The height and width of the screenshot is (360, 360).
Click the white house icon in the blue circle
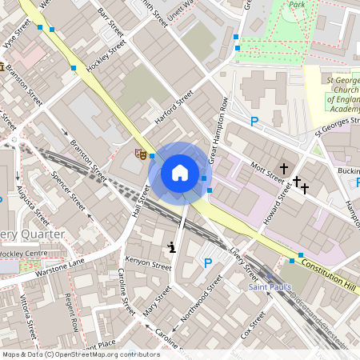click(x=180, y=173)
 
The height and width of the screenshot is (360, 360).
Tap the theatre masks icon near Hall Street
click(x=141, y=154)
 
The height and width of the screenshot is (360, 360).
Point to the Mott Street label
click(x=262, y=170)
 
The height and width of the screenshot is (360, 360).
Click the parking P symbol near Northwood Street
click(x=208, y=263)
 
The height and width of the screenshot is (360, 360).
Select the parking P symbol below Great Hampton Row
click(x=254, y=122)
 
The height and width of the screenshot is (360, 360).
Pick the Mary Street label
click(x=158, y=302)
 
